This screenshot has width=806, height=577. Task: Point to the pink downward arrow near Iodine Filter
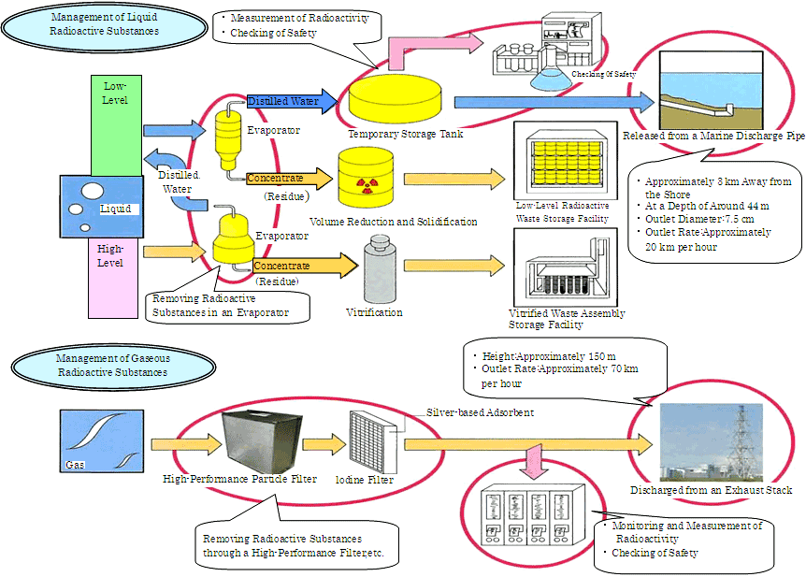click(535, 458)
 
